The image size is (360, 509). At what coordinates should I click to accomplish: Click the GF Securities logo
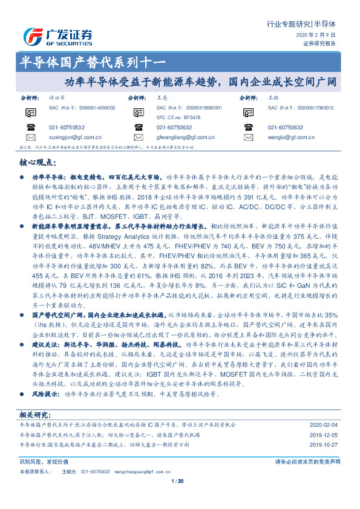click(57, 36)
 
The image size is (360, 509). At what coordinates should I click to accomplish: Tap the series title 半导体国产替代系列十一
click(94, 60)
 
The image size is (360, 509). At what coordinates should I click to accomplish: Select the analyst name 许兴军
click(58, 97)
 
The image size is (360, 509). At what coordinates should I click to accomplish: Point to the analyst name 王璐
click(274, 97)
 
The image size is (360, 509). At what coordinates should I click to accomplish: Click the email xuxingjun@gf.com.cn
click(75, 138)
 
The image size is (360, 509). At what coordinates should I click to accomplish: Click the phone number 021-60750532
click(67, 128)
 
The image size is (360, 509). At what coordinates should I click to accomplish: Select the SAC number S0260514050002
click(97, 107)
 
